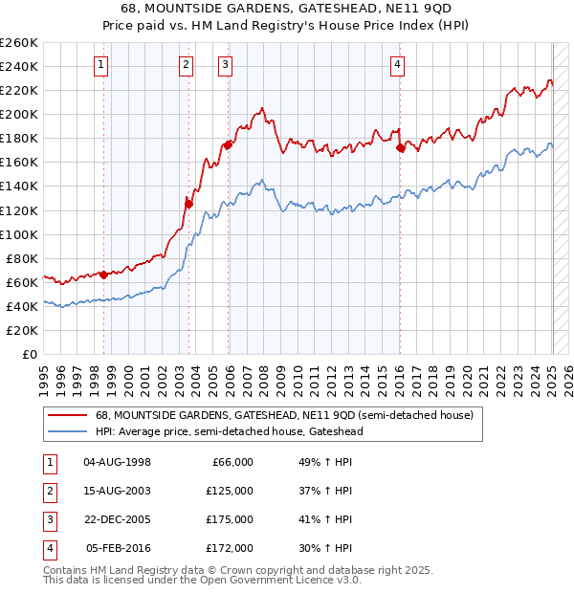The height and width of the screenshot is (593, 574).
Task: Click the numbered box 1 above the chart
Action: pyautogui.click(x=101, y=65)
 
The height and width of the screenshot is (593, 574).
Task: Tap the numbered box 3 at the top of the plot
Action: pyautogui.click(x=225, y=65)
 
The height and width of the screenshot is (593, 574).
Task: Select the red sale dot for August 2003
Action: pyautogui.click(x=189, y=203)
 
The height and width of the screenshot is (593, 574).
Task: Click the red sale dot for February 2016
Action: pyautogui.click(x=401, y=147)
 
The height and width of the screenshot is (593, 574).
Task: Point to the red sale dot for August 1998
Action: pyautogui.click(x=103, y=275)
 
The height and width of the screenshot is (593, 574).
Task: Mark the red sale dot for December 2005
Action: pyautogui.click(x=229, y=144)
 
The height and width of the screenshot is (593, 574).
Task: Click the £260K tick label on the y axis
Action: pyautogui.click(x=19, y=43)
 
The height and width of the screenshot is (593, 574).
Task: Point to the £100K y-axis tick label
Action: pyautogui.click(x=19, y=234)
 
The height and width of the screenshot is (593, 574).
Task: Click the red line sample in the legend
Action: pyautogui.click(x=68, y=416)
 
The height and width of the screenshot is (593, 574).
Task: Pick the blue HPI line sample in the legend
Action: pyautogui.click(x=68, y=431)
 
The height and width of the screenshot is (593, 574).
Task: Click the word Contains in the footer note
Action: pyautogui.click(x=65, y=570)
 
